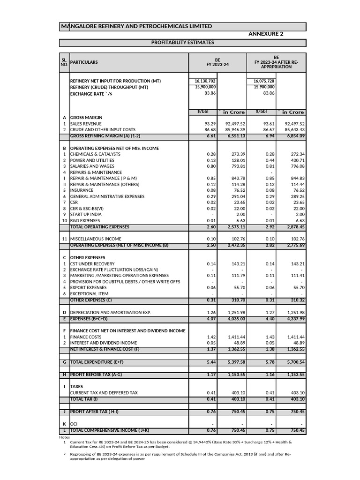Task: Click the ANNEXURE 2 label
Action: coord(265,34)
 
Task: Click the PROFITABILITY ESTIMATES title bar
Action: coord(182,43)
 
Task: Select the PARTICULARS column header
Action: coord(84,62)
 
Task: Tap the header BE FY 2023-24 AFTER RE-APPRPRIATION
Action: coord(276,62)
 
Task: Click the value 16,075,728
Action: coord(262,81)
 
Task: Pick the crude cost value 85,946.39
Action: coord(232,129)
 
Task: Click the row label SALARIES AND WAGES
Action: coord(92,166)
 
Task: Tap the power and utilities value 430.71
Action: coord(295,160)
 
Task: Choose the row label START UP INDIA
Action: coord(86,215)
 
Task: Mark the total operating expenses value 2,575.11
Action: coord(232,227)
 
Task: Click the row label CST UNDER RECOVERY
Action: coord(92,264)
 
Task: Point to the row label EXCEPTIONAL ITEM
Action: coord(89,294)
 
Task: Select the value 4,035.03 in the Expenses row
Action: coord(232,318)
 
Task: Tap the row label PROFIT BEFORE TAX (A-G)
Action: coord(98,375)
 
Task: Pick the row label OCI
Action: coord(74,424)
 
